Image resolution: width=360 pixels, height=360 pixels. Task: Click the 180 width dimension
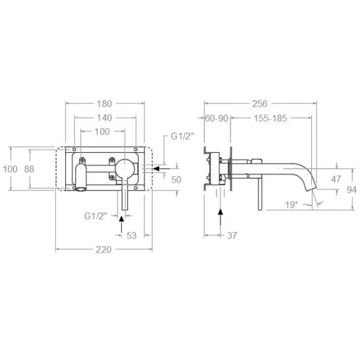click(x=104, y=104)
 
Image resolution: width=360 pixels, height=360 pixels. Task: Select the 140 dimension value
click(x=104, y=118)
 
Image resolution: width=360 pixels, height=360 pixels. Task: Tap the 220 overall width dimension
click(x=103, y=250)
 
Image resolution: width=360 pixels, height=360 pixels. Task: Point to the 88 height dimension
click(x=29, y=169)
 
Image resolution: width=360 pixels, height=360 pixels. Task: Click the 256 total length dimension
click(x=260, y=104)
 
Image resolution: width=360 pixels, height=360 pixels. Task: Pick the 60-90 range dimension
click(x=217, y=119)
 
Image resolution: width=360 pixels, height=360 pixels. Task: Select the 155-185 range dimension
click(x=270, y=119)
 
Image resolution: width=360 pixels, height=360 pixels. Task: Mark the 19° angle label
click(x=292, y=205)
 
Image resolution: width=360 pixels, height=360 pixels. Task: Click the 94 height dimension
click(x=352, y=190)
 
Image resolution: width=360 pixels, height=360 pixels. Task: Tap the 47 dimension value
click(x=336, y=179)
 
